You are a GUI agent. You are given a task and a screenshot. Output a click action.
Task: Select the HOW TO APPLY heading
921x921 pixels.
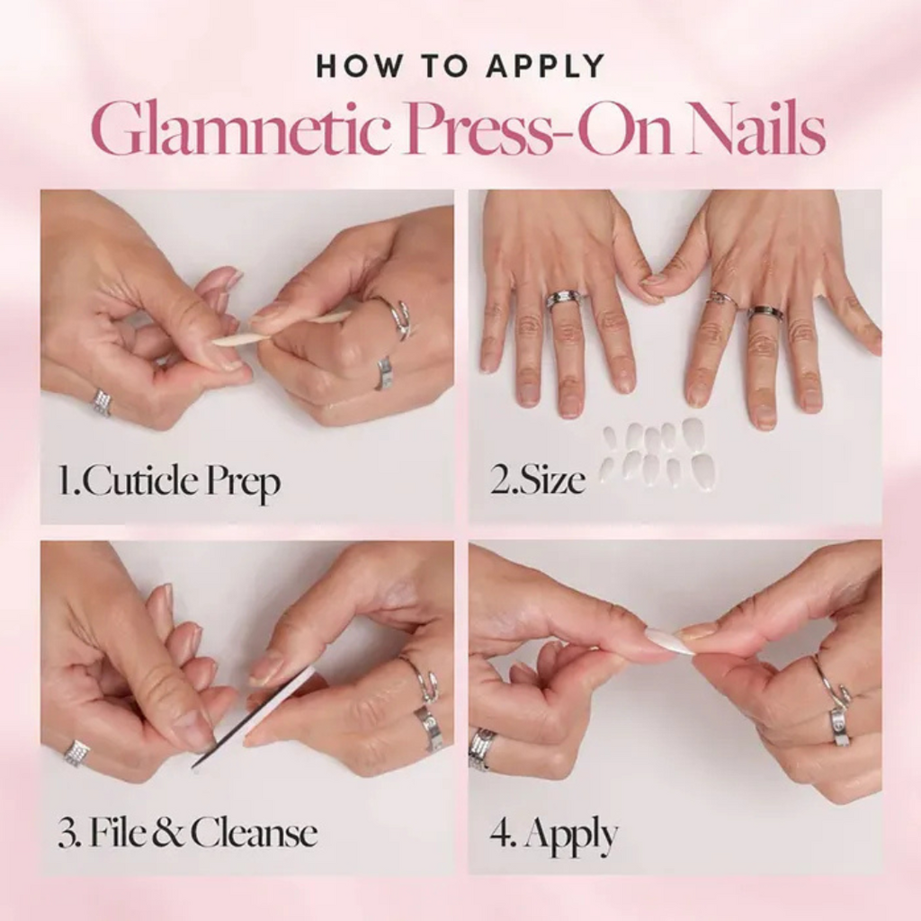pos(460,67)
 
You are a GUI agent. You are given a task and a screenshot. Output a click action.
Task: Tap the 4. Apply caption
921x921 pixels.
pos(553,834)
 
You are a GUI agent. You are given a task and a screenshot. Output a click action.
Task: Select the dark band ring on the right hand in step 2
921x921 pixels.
pos(765,312)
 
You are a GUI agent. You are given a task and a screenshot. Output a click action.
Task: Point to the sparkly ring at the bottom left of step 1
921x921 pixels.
pos(102,402)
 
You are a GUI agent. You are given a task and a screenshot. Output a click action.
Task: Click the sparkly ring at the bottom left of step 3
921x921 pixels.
pos(76,752)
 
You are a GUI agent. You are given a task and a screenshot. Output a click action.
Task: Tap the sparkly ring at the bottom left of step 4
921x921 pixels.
pos(482,748)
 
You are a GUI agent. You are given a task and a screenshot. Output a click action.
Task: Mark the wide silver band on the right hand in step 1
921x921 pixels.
pos(384,371)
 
